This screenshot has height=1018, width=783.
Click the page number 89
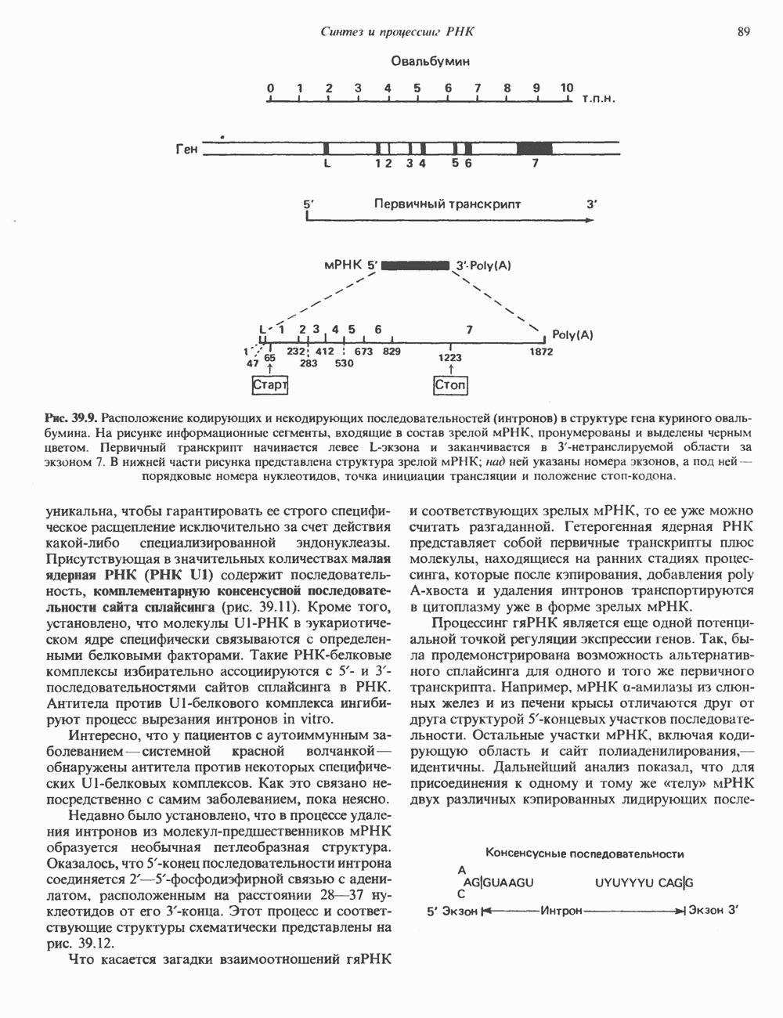(743, 32)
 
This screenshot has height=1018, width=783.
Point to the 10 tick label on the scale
(567, 88)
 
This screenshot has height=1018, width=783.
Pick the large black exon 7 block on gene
(535, 147)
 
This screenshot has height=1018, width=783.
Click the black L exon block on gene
(327, 147)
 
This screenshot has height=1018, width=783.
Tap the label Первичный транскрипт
(447, 204)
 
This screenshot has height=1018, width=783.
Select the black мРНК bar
(416, 265)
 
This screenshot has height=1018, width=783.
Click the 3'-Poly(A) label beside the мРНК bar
(483, 265)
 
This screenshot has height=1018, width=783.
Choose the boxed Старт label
(269, 385)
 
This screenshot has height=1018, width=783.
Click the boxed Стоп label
(450, 385)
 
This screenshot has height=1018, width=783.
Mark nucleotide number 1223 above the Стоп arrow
(450, 357)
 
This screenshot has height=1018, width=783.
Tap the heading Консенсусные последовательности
(586, 854)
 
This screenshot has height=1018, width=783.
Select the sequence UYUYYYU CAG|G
(644, 883)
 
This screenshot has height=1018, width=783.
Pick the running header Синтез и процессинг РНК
(400, 32)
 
